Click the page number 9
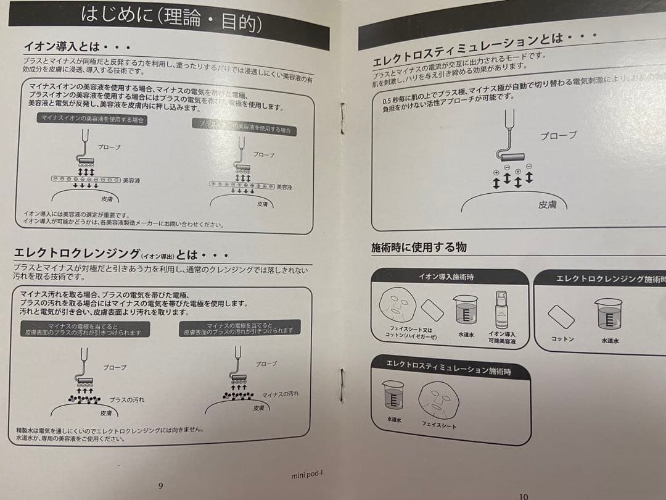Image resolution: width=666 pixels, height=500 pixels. coord(161,485)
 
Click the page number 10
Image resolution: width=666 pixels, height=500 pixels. coord(524,495)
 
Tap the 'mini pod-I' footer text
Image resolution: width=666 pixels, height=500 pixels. coord(307,475)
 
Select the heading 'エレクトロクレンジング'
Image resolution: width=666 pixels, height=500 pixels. coord(76,254)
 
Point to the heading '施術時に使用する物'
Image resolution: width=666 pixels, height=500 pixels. coord(419,248)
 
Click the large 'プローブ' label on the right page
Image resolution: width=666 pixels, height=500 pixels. coord(559,135)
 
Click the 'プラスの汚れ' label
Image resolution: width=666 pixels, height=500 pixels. coord(126,400)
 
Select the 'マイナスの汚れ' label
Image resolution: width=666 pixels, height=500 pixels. coord(281,394)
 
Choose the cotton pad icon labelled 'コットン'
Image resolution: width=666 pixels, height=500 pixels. coord(561,317)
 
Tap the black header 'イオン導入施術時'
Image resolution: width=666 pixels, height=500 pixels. coord(450,277)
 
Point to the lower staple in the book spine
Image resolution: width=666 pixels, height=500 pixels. coord(340,385)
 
